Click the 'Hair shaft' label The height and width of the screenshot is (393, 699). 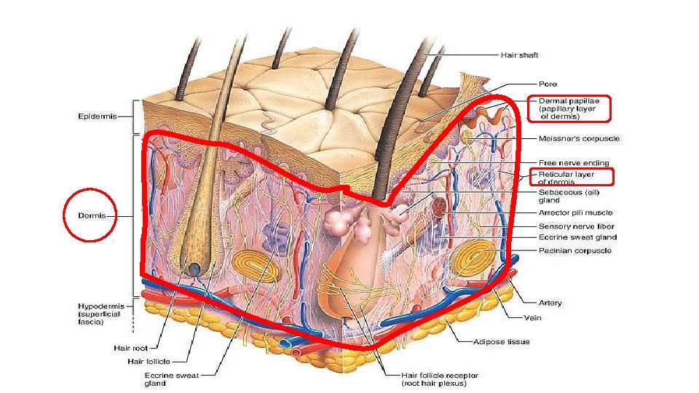click(518, 55)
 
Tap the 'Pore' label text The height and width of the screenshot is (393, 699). click(548, 84)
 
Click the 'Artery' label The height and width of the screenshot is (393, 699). click(550, 303)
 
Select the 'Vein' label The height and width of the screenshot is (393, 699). click(532, 317)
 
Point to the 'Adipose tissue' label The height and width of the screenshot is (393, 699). click(502, 341)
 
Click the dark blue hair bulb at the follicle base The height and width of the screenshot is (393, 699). click(195, 270)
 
